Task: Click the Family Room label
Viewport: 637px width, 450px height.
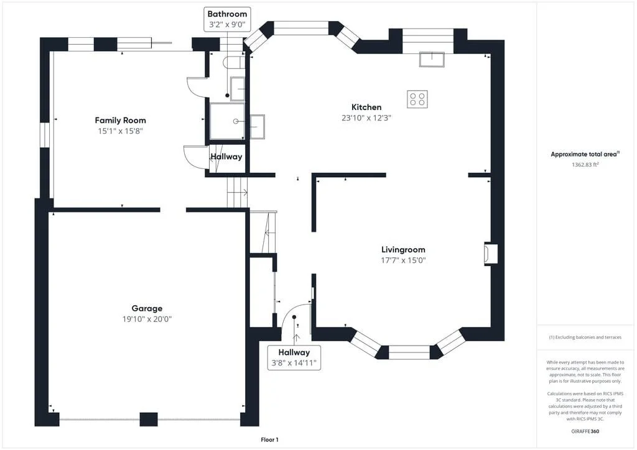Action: (x=120, y=120)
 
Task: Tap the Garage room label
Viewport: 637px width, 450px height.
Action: (x=147, y=308)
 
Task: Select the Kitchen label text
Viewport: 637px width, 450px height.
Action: (x=366, y=107)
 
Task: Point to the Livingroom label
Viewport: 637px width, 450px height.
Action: (x=403, y=249)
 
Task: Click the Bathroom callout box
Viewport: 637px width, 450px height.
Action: (x=227, y=19)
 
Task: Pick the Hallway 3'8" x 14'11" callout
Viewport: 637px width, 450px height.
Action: (x=294, y=357)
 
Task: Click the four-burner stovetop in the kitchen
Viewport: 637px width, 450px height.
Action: (x=417, y=99)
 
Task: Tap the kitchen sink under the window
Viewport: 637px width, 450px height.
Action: (x=432, y=59)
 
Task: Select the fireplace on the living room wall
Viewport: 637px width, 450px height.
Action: (x=491, y=254)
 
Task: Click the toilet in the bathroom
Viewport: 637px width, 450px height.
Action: (x=234, y=62)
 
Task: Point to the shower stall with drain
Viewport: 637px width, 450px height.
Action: (x=228, y=121)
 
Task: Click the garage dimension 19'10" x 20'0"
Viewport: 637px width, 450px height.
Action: (x=147, y=319)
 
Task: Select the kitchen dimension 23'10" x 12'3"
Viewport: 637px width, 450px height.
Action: (x=366, y=118)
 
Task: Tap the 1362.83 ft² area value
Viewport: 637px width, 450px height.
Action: (x=585, y=165)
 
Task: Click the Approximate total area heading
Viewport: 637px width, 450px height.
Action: (x=585, y=154)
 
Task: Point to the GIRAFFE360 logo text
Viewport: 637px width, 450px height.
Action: (x=585, y=431)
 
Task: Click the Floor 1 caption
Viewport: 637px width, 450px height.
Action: (x=270, y=439)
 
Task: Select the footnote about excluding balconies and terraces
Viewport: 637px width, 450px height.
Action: (x=585, y=337)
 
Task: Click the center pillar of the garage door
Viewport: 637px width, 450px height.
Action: (x=149, y=419)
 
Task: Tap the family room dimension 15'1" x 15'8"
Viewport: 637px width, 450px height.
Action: (x=120, y=131)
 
